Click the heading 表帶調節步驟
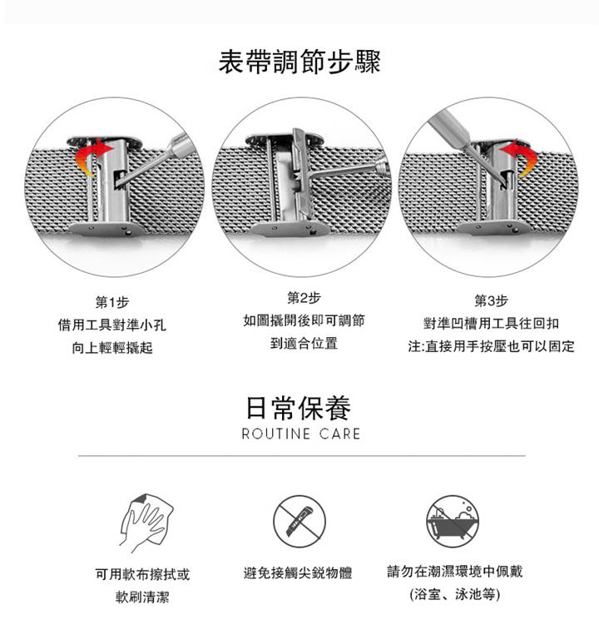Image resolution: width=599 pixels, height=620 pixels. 299,62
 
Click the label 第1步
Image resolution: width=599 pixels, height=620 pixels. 112,302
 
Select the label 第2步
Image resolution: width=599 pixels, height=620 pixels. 304,298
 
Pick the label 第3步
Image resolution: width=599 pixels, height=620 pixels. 491,301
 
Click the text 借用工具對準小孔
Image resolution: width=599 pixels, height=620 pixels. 112,325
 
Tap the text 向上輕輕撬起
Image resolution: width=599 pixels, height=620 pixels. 112,348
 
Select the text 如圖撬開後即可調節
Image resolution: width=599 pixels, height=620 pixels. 304,320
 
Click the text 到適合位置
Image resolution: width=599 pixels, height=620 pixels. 304,343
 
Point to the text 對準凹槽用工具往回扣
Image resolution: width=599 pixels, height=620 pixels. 491,324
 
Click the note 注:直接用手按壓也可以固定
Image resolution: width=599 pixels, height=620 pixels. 491,346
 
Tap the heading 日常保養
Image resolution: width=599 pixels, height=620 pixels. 299,408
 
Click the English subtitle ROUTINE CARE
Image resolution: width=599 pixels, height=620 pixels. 301,434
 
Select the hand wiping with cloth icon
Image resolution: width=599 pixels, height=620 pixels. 146,523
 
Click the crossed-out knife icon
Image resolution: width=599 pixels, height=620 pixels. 299,521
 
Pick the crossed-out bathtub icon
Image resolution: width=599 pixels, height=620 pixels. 453,521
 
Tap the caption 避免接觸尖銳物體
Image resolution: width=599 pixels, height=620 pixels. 297,573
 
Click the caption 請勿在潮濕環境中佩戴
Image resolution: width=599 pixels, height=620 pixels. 455,572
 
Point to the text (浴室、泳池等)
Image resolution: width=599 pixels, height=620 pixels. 455,594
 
